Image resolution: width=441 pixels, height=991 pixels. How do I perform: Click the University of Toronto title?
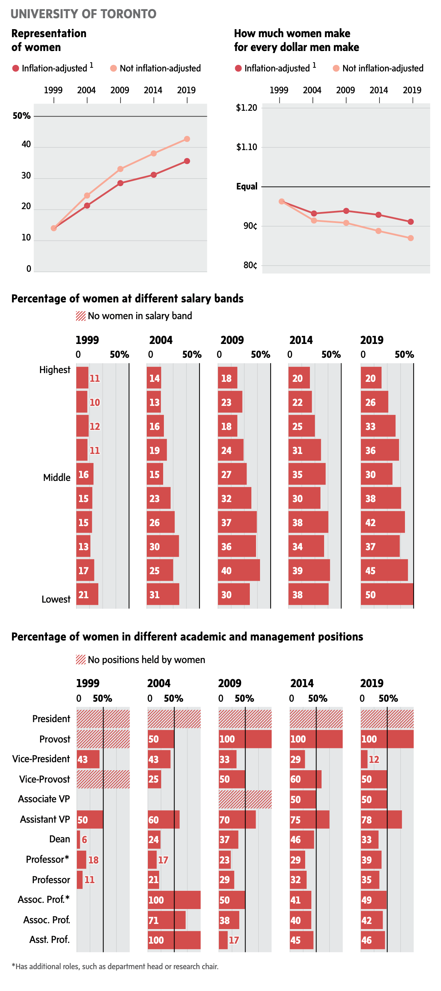coord(83,14)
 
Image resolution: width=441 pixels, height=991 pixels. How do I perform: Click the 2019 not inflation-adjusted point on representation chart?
coord(187,139)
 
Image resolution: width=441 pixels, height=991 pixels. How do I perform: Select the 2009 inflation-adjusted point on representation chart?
coord(120,183)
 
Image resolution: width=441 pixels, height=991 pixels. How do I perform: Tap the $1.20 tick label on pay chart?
coord(247,108)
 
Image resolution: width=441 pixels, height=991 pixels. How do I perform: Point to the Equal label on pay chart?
coord(247,187)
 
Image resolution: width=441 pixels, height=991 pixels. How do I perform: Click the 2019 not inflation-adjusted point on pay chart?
coord(411,238)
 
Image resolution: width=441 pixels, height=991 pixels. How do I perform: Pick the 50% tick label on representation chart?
coord(21,116)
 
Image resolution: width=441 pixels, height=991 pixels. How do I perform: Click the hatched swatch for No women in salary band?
coord(81,316)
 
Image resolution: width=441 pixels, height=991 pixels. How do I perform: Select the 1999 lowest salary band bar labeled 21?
coord(87,594)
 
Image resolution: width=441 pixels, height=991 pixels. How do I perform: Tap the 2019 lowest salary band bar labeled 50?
coord(387,594)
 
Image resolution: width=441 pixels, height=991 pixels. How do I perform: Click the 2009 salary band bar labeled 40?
coord(239,570)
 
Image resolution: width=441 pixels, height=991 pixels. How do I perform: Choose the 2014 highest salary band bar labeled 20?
coord(299,378)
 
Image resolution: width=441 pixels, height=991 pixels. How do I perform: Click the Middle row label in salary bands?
coord(57,477)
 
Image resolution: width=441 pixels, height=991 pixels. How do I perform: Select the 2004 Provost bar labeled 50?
coord(161,739)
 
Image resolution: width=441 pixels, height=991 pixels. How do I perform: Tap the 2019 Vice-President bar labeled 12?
coord(364,759)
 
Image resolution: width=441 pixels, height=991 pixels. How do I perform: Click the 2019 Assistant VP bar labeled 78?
coord(381,819)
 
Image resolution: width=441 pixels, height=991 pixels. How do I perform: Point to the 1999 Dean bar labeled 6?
coord(78,839)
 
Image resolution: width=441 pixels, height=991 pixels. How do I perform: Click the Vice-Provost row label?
coord(44,779)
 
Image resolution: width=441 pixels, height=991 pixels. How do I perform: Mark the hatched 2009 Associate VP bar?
coord(245,799)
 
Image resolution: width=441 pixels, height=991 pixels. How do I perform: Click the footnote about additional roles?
coord(115,966)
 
